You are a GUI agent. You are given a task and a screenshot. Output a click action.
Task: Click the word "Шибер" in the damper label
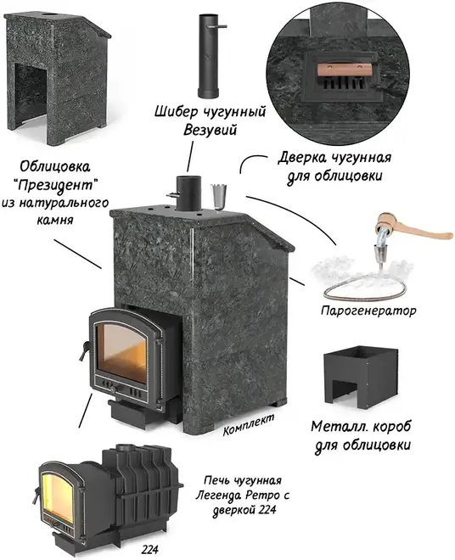click(176, 111)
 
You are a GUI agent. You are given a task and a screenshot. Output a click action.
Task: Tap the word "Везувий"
click(211, 130)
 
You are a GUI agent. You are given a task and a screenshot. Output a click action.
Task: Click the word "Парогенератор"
click(368, 311)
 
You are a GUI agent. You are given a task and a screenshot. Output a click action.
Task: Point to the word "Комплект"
click(249, 425)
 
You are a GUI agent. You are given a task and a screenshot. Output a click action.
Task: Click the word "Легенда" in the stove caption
click(219, 496)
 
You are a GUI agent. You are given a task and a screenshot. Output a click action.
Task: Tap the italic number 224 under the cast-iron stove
click(149, 549)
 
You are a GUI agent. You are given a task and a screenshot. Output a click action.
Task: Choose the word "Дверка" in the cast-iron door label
click(302, 158)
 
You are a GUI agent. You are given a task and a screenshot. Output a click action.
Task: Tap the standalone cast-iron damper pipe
click(209, 56)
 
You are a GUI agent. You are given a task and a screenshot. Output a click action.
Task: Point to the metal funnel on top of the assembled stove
click(219, 197)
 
